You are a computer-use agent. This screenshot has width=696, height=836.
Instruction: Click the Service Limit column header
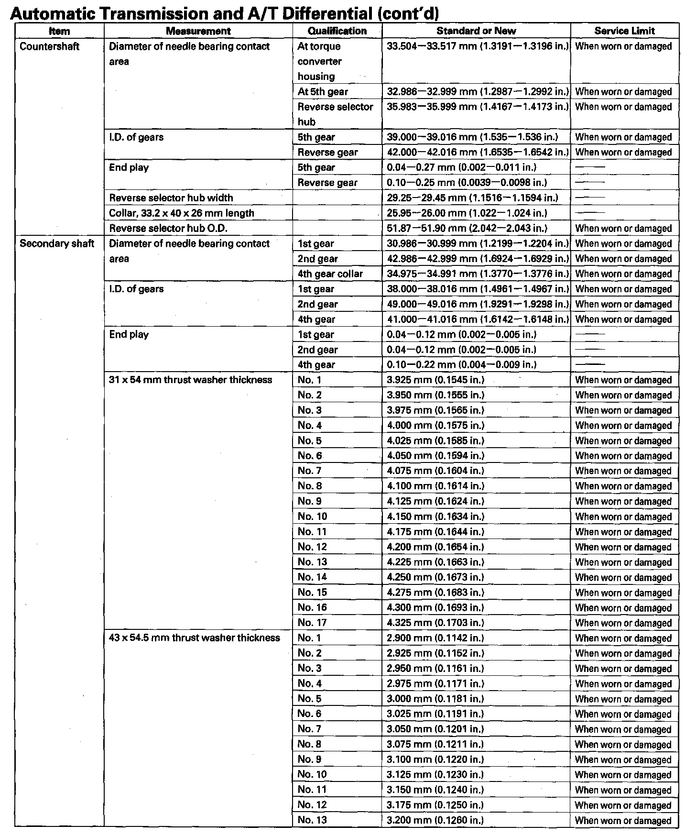624,31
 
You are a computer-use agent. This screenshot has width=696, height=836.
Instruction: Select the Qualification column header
337,31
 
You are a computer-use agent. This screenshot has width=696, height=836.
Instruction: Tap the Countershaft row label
49,46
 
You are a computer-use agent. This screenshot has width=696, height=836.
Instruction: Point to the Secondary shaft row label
57,243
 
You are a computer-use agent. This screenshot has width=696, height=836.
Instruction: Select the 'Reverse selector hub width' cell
171,198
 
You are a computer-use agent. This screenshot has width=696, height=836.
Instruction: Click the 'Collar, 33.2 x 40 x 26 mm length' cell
182,213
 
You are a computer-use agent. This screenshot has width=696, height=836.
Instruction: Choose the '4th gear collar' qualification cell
330,274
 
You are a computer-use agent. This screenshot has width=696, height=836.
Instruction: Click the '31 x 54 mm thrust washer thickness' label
191,380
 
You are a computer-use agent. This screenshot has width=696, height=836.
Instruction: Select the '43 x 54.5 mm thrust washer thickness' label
195,638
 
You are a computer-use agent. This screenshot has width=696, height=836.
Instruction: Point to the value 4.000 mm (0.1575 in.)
435,426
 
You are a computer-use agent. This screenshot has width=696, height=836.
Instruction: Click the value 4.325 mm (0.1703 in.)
435,623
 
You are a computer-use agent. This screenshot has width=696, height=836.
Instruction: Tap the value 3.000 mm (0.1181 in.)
435,699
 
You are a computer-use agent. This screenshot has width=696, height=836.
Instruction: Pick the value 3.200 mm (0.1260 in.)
435,820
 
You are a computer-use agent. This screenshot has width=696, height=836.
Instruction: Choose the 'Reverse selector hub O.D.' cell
168,229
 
